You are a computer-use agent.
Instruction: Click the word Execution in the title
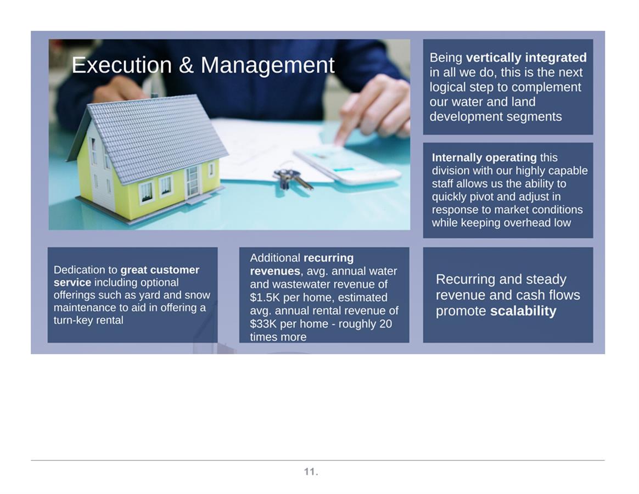121,65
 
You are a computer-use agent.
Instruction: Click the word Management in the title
267,65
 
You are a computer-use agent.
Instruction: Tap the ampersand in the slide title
186,65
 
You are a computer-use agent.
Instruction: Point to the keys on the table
293,179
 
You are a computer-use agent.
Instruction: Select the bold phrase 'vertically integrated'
526,58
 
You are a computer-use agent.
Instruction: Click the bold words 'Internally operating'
484,158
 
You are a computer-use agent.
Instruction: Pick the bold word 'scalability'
523,311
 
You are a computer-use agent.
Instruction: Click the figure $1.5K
265,297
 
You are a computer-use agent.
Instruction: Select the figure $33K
264,324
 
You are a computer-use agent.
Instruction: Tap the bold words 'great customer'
160,270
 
